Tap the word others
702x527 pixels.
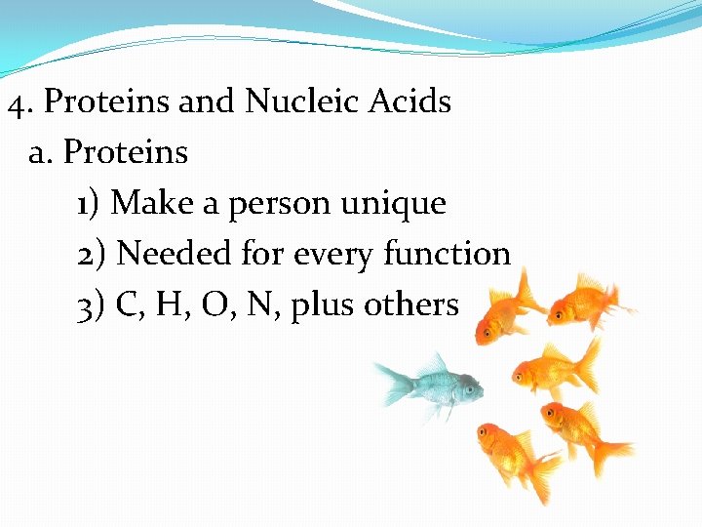pyautogui.click(x=410, y=304)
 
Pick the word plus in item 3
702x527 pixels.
pyautogui.click(x=323, y=305)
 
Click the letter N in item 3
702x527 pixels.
pyautogui.click(x=258, y=304)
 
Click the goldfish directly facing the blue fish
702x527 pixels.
pyautogui.click(x=546, y=369)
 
